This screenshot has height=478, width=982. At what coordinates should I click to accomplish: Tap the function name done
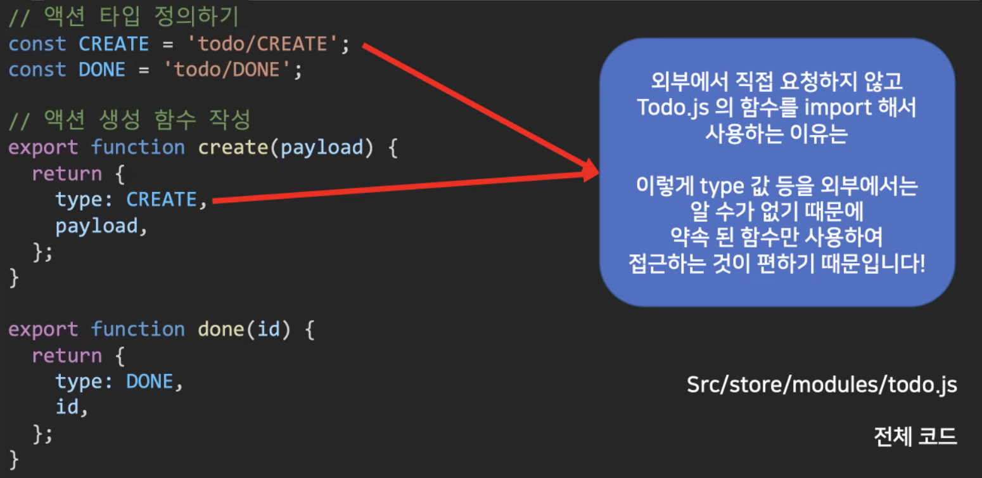(x=222, y=329)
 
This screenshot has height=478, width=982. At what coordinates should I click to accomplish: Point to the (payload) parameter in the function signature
(x=321, y=147)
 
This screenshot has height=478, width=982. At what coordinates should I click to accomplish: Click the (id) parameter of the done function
(x=269, y=329)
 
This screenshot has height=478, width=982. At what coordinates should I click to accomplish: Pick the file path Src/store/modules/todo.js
(x=822, y=385)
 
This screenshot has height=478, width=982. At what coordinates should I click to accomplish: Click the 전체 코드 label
(x=915, y=437)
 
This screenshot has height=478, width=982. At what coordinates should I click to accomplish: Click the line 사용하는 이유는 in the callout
(x=777, y=134)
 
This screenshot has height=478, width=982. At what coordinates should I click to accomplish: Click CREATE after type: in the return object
(x=162, y=200)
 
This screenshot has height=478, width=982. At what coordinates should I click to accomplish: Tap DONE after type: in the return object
(x=150, y=382)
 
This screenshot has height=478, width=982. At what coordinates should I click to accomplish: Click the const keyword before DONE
(x=37, y=70)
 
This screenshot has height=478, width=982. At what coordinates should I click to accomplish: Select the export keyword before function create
(x=42, y=147)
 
